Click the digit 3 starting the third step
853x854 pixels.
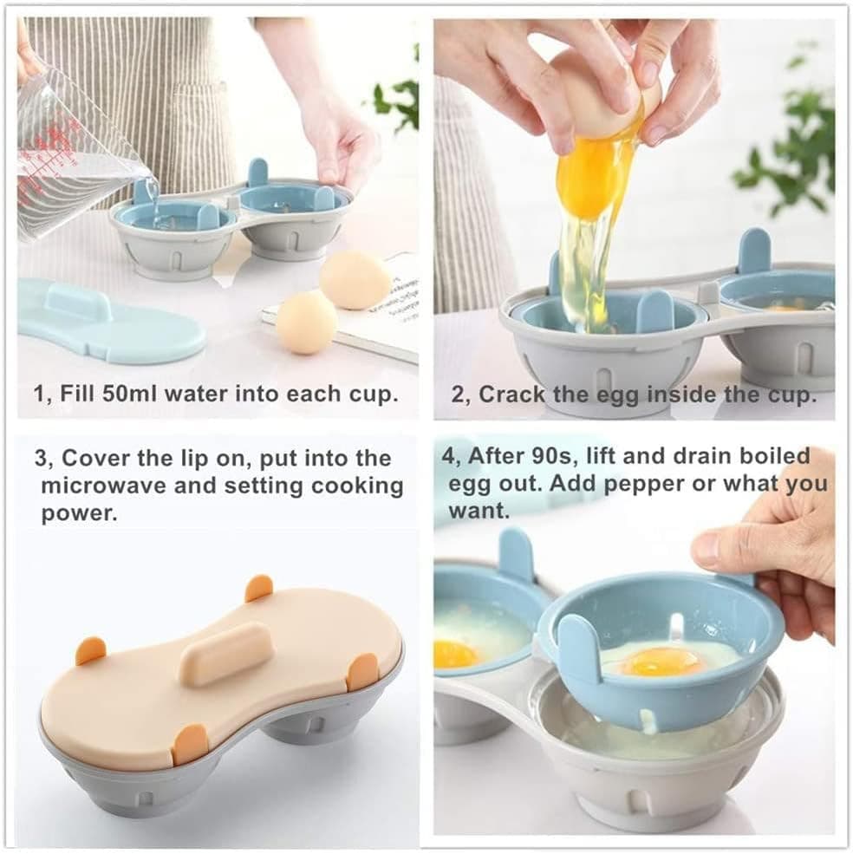tap(40, 458)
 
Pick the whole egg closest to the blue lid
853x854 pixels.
tap(306, 323)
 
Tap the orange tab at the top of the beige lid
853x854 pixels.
tap(258, 588)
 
